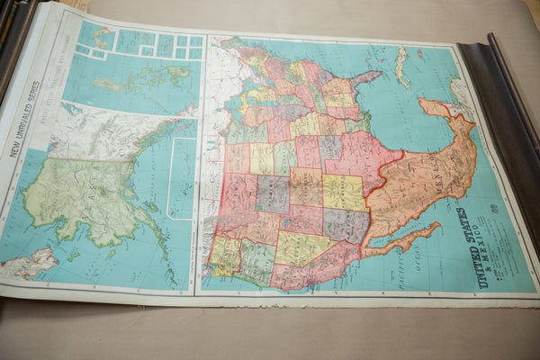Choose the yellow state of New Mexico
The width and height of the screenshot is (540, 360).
click(x=343, y=192)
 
